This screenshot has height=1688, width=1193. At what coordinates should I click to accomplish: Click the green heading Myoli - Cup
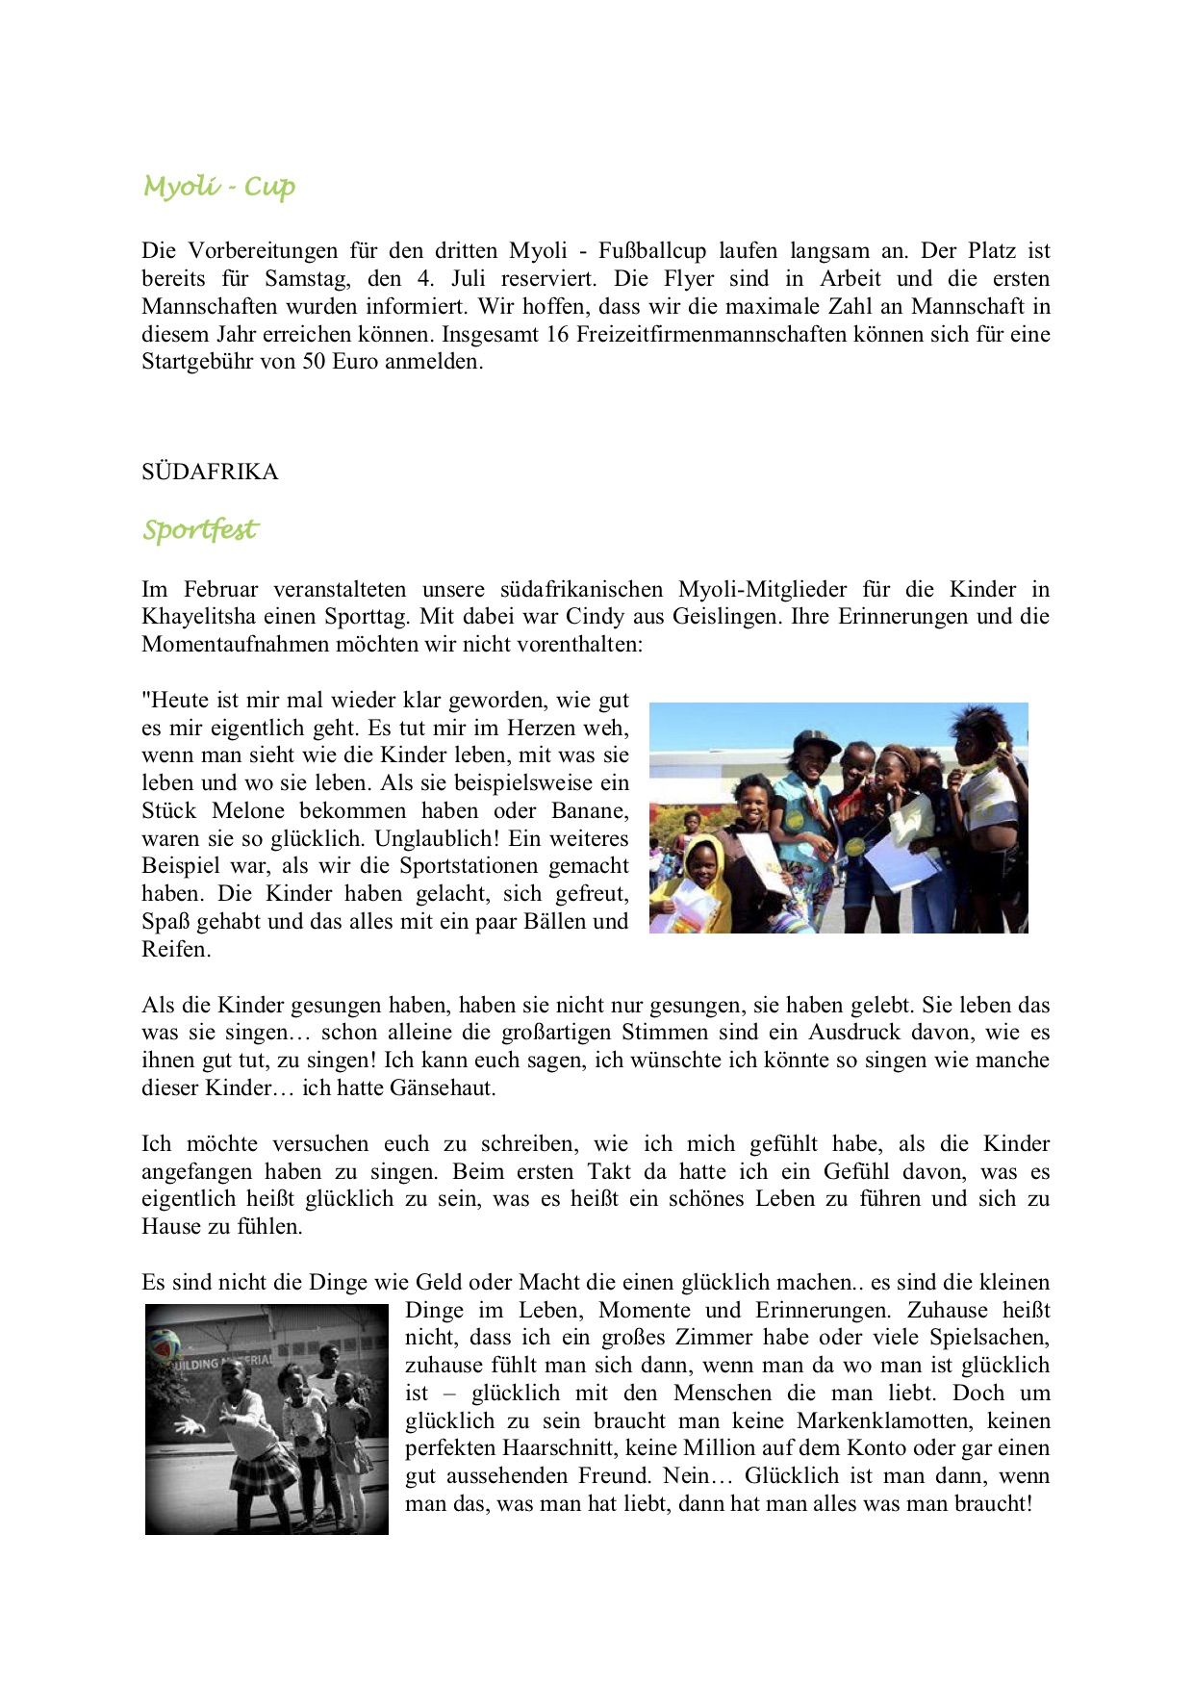pyautogui.click(x=219, y=186)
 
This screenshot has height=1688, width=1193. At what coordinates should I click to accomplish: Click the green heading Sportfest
pyautogui.click(x=200, y=529)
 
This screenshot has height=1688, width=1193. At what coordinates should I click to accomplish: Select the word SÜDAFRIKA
pyautogui.click(x=210, y=472)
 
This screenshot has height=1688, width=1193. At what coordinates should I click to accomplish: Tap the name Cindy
pyautogui.click(x=595, y=617)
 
